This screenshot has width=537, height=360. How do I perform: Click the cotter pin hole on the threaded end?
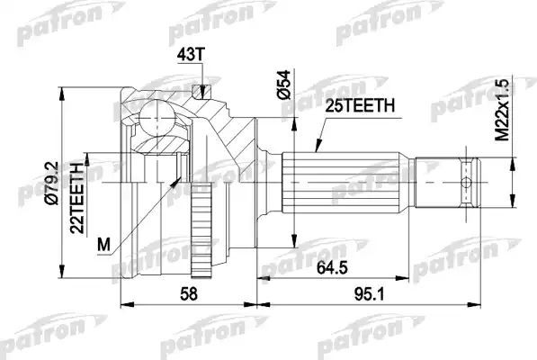[467, 183]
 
